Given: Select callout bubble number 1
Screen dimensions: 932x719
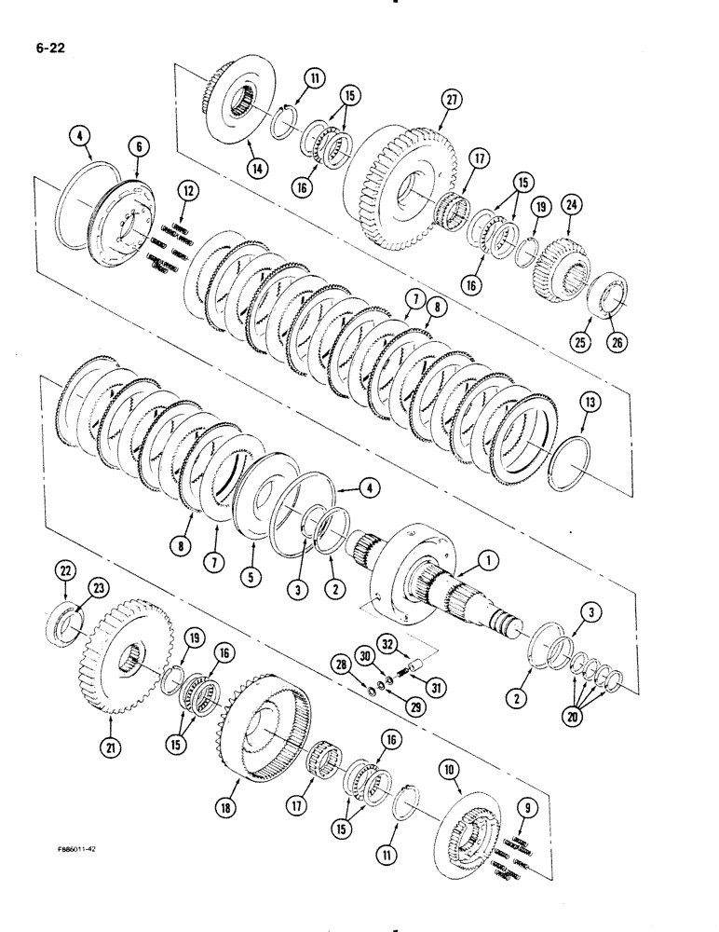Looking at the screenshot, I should [x=484, y=560].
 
